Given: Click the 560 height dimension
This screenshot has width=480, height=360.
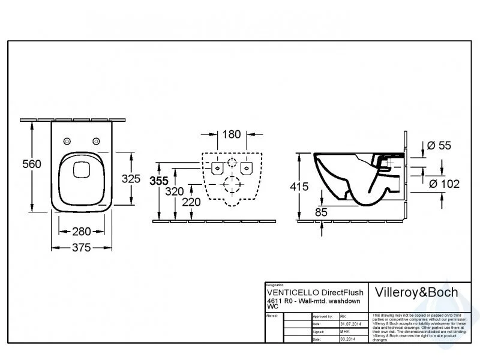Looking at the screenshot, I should [31, 164].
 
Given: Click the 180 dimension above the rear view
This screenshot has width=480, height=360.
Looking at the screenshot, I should [232, 134].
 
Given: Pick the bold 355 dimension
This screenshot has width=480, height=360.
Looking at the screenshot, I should [159, 180].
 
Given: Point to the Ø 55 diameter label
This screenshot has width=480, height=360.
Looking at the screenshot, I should [437, 146].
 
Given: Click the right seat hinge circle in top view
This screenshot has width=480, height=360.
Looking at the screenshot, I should [95, 141].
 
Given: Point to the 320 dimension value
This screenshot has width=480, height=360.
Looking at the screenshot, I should [175, 191].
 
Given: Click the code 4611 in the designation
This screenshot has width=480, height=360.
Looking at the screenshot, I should [273, 300].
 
